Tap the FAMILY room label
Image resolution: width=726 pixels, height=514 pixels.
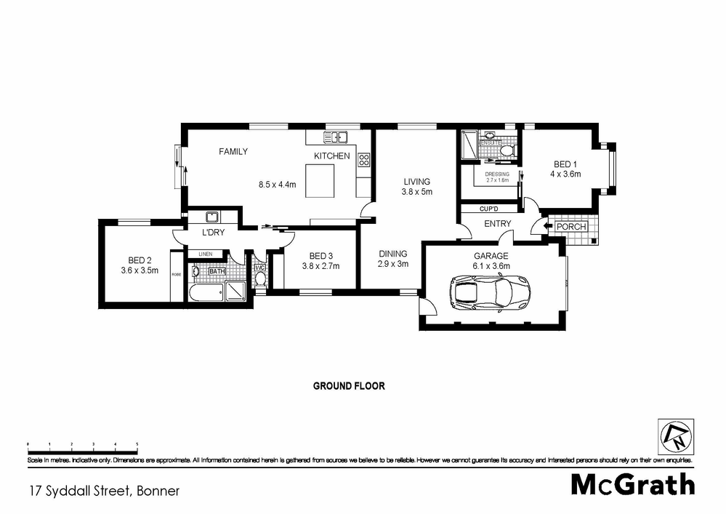click(233, 152)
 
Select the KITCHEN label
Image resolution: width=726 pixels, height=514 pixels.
click(331, 156)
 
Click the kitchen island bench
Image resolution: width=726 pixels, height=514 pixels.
click(320, 180)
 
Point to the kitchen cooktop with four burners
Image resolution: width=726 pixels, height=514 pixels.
click(364, 161)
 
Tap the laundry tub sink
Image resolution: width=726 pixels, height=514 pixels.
click(213, 217)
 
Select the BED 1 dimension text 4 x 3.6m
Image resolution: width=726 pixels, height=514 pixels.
click(565, 174)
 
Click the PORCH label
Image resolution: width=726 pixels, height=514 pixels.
click(570, 227)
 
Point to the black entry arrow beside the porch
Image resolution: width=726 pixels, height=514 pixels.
click(541, 228)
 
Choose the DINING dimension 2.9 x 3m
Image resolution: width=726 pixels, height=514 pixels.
click(393, 264)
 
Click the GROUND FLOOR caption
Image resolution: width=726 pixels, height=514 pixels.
click(349, 386)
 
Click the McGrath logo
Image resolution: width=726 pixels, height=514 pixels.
click(632, 484)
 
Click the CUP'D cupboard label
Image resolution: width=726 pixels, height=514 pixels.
click(487, 209)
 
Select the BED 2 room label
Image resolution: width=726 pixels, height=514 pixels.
click(140, 260)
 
